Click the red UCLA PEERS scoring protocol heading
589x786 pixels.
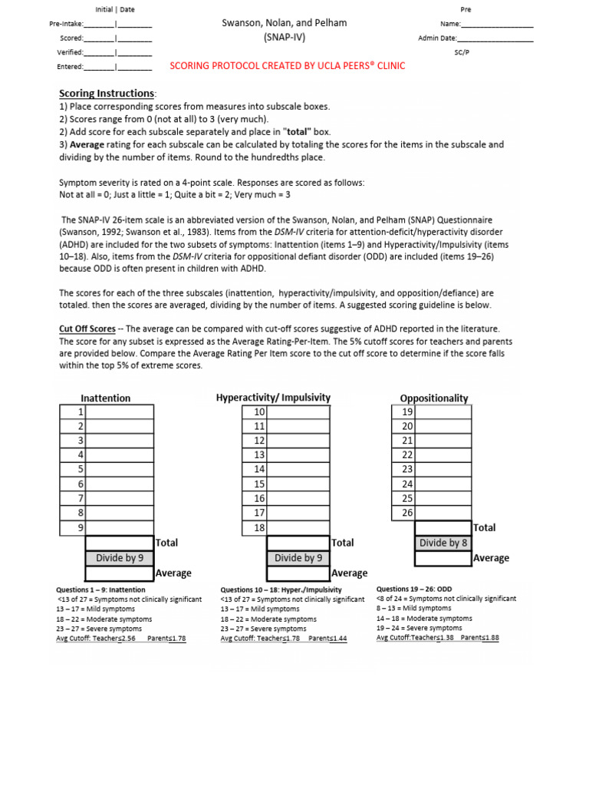pyautogui.click(x=287, y=66)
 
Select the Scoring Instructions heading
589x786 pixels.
pyautogui.click(x=107, y=94)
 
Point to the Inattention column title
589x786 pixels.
pyautogui.click(x=106, y=398)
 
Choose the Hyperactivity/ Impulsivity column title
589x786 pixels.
pyautogui.click(x=273, y=398)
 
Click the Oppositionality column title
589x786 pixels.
pyautogui.click(x=434, y=398)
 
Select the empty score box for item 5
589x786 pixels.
pyautogui.click(x=120, y=469)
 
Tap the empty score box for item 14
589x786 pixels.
pyautogui.click(x=298, y=469)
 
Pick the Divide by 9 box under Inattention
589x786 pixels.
pyautogui.click(x=120, y=558)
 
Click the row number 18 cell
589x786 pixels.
pyautogui.click(x=258, y=528)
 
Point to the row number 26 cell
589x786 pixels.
pyautogui.click(x=404, y=513)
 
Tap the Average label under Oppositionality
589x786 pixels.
pyautogui.click(x=491, y=558)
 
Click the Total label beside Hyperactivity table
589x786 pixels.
pyautogui.click(x=343, y=543)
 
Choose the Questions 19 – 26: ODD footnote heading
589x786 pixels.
pyautogui.click(x=414, y=589)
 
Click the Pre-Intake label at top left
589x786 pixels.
pyautogui.click(x=66, y=25)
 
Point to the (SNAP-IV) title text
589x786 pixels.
pyautogui.click(x=284, y=38)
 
